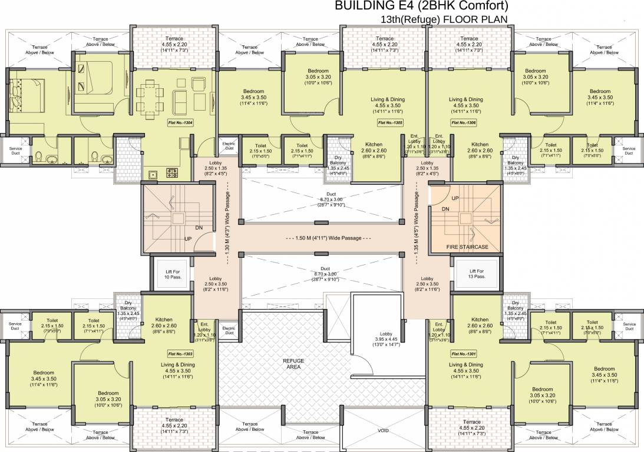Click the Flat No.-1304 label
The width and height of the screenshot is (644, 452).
[x=180, y=122]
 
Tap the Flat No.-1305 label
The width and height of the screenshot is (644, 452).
[x=390, y=122]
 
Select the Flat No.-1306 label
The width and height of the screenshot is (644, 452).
[x=464, y=122]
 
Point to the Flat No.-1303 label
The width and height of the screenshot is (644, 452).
[x=180, y=354]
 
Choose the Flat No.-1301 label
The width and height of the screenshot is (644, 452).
[x=464, y=354]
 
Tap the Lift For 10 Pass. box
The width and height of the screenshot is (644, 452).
[x=171, y=274]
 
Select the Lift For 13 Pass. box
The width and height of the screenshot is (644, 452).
[x=476, y=274]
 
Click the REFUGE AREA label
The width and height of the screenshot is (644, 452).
[x=293, y=363]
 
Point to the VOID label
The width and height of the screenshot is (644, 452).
[x=383, y=431]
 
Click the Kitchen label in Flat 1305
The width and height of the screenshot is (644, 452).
[x=374, y=144]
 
